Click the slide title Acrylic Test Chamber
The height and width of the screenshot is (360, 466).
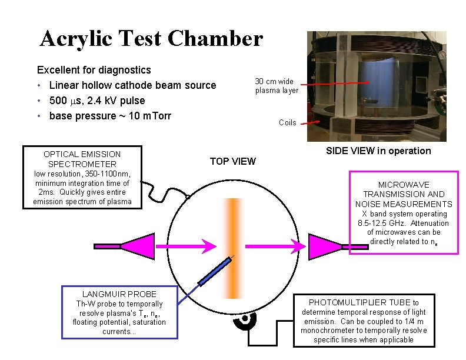[151, 39]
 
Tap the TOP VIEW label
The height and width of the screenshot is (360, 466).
[232, 161]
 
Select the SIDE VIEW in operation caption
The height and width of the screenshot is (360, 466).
[378, 151]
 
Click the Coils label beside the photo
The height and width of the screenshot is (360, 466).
[288, 122]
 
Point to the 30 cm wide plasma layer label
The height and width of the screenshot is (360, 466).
[277, 86]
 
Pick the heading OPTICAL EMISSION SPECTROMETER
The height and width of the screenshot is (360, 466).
[82, 159]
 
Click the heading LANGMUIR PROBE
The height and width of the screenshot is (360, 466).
[119, 294]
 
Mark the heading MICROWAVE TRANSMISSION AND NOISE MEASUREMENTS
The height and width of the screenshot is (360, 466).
[404, 194]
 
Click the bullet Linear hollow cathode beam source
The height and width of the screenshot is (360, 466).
[133, 85]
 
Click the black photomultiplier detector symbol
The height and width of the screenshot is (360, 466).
[244, 319]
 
